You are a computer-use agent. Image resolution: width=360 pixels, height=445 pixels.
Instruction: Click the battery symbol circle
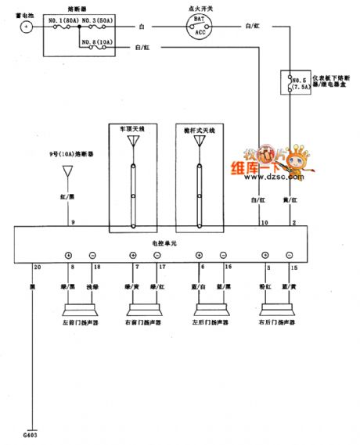tap(25, 26)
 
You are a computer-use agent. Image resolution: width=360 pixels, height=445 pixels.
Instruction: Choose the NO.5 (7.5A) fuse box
tap(295, 83)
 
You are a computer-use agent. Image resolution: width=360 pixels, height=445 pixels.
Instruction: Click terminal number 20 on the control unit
tap(35, 267)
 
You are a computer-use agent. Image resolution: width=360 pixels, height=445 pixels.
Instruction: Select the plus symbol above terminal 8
tap(68, 256)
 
